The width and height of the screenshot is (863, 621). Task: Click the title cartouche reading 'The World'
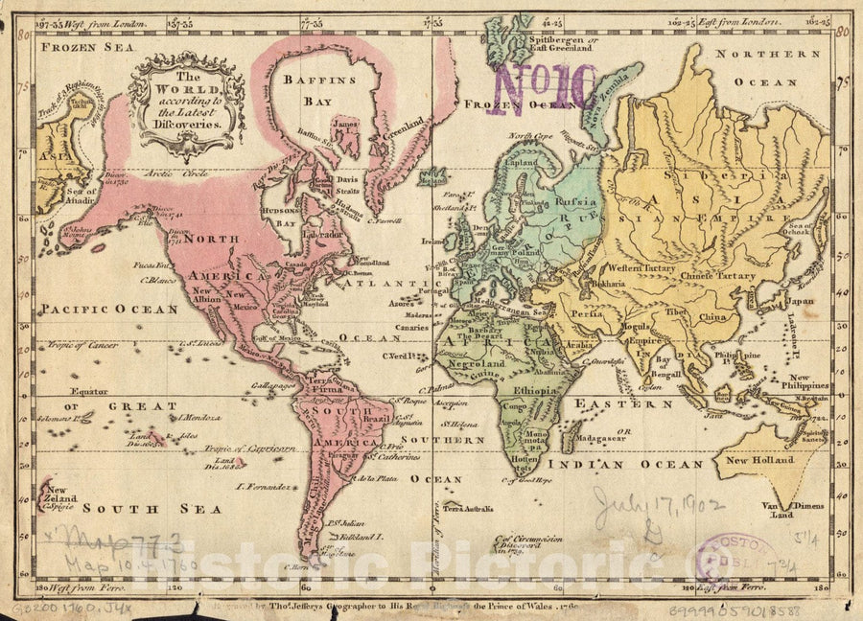pos(188,103)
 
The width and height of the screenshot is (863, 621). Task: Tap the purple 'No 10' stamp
pos(544,89)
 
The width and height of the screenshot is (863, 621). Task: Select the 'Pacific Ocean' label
pos(109,310)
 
